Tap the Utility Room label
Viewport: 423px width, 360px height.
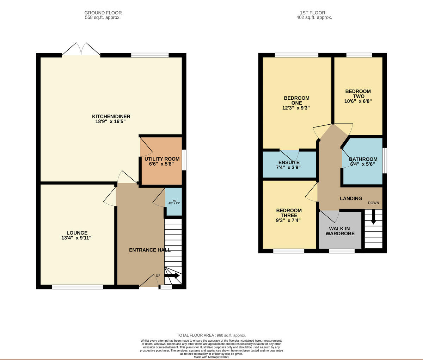pyautogui.click(x=162, y=159)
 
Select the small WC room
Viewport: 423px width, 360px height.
pyautogui.click(x=174, y=202)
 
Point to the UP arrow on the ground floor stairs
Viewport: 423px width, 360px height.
pyautogui.click(x=172, y=276)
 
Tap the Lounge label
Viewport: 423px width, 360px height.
pyautogui.click(x=77, y=233)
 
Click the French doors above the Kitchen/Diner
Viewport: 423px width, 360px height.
pyautogui.click(x=81, y=49)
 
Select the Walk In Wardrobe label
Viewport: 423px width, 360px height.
pyautogui.click(x=340, y=231)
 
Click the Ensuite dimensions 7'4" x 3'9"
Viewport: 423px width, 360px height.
pyautogui.click(x=288, y=168)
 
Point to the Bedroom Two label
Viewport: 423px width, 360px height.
pyautogui.click(x=358, y=94)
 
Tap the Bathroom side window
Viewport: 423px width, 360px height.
pyautogui.click(x=385, y=161)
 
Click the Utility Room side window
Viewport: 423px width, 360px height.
pyautogui.click(x=184, y=160)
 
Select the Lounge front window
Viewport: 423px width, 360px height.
pyautogui.click(x=78, y=287)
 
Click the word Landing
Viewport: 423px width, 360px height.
pyautogui.click(x=351, y=198)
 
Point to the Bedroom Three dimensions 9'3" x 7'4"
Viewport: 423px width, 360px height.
pyautogui.click(x=289, y=221)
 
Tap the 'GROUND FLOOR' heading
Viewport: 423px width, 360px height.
pyautogui.click(x=103, y=13)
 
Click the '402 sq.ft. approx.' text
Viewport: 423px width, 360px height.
pyautogui.click(x=314, y=17)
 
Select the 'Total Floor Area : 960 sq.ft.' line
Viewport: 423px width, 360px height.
pyautogui.click(x=211, y=335)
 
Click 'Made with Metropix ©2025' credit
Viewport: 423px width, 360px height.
pyautogui.click(x=211, y=357)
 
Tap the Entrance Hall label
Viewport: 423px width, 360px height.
pyautogui.click(x=149, y=250)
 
